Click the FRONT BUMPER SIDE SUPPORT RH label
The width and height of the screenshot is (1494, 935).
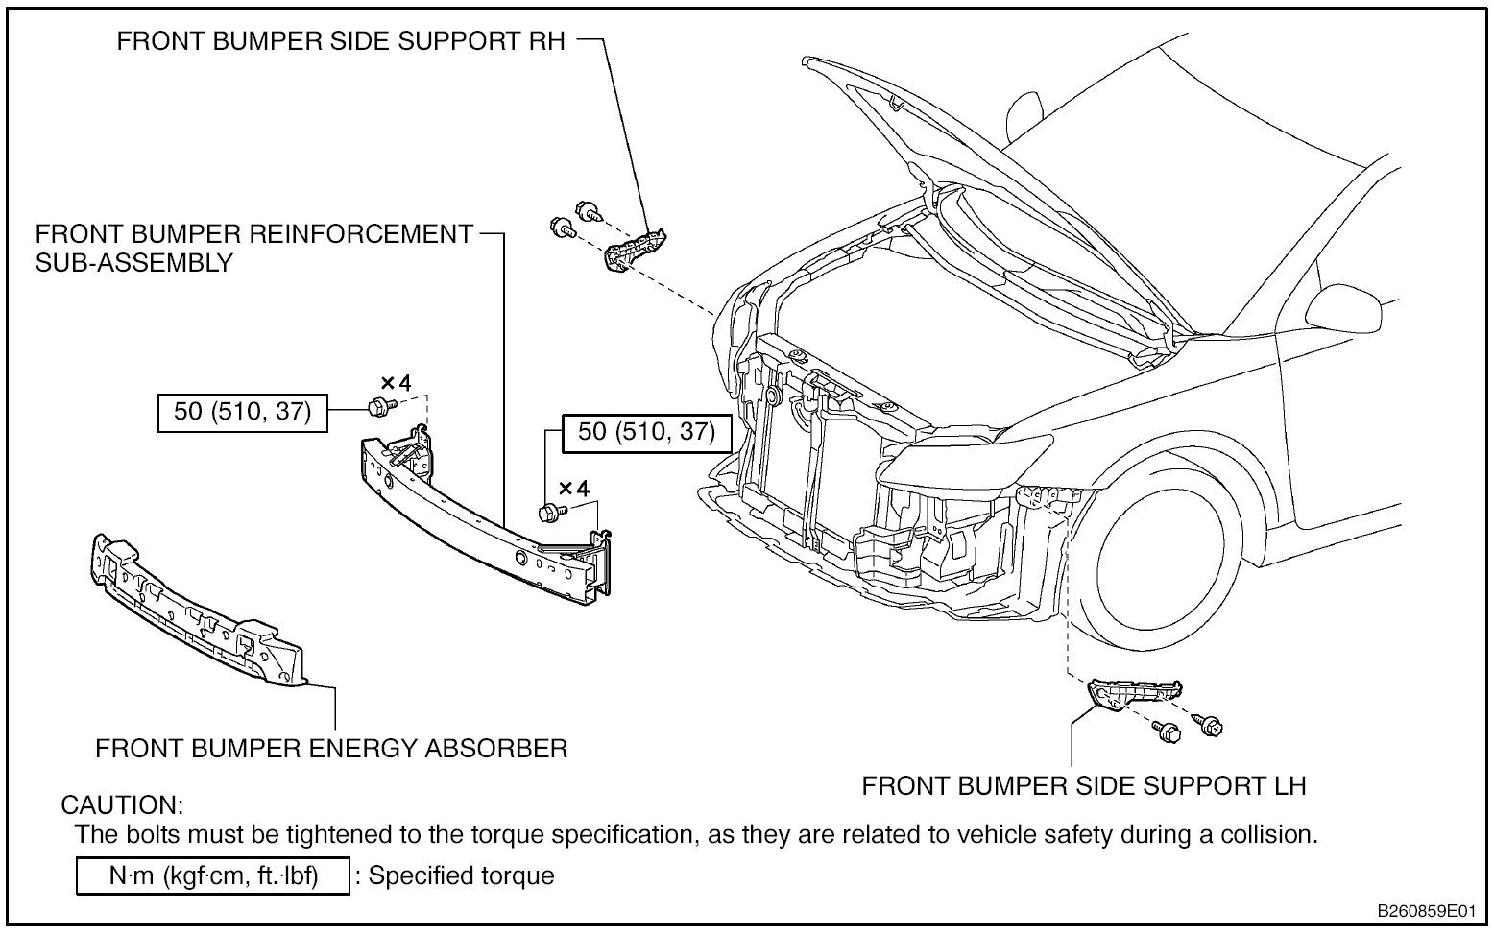pos(341,41)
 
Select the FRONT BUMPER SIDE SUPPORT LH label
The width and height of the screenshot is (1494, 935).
pos(1084,786)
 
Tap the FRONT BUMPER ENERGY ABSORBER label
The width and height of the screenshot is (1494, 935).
pos(331,748)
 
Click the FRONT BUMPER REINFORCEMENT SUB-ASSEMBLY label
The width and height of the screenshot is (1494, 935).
pos(254,248)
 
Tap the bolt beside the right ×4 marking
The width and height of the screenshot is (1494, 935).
pos(551,514)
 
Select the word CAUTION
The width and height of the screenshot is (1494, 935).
pos(122,804)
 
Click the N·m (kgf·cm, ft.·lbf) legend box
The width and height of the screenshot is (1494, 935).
pos(212,875)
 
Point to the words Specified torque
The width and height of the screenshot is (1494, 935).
pos(461,875)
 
